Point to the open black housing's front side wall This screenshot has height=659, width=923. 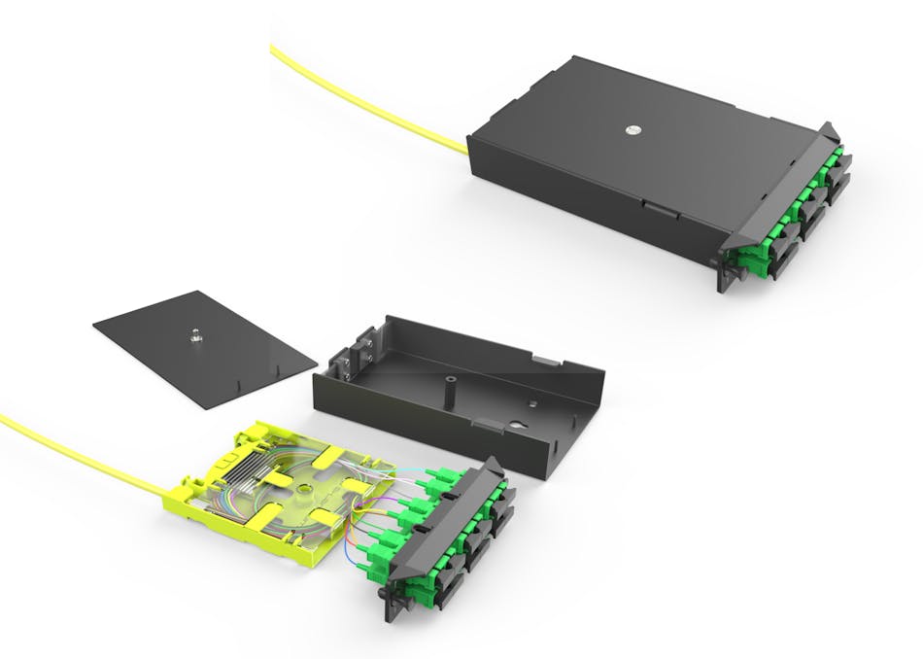coord(427,428)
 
